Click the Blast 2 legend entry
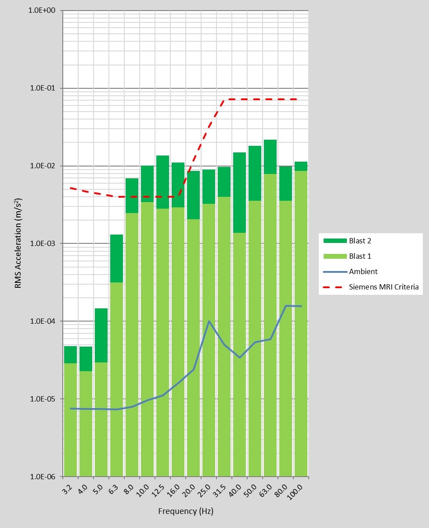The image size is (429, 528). (x=360, y=241)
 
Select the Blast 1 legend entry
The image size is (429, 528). (x=360, y=256)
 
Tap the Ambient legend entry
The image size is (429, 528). (x=363, y=271)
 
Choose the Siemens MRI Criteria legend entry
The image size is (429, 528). (x=383, y=287)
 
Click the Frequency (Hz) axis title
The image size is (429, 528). (x=185, y=511)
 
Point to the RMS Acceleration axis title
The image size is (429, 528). (x=19, y=243)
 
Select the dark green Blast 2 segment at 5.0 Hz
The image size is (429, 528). (x=101, y=335)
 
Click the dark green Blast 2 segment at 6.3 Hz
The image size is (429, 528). (x=116, y=258)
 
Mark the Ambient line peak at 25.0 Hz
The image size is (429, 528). (x=209, y=321)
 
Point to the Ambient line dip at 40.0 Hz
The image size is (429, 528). (x=240, y=358)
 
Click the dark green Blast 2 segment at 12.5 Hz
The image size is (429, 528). (x=162, y=182)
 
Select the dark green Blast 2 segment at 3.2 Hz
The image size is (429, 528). (x=70, y=354)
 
